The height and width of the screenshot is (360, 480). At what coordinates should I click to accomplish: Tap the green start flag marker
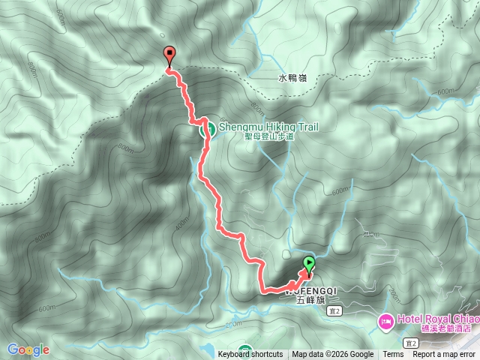pos(309,263)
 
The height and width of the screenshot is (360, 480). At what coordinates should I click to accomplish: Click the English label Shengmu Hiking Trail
pos(268,127)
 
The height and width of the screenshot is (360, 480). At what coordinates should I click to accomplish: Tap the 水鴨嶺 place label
pos(292,78)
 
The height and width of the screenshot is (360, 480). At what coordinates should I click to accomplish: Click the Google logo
pos(28,349)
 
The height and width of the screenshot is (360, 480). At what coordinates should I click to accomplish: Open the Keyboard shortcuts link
pos(250,355)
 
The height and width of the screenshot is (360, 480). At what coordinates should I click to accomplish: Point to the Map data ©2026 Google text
pos(332,355)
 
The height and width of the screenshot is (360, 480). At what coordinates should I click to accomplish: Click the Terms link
pos(393,355)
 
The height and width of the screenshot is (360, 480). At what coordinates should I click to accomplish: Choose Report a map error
pos(444,355)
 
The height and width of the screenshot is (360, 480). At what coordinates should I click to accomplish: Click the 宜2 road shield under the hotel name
pos(410,342)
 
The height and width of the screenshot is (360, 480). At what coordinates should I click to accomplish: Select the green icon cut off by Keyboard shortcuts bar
pos(245,348)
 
